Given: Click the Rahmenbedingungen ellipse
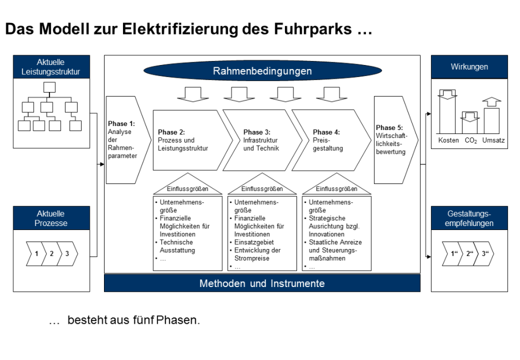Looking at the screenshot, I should [262, 71].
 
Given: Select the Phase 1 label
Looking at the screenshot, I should [121, 124].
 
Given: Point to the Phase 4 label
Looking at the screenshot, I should [326, 132].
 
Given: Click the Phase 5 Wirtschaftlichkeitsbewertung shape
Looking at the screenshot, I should [395, 140].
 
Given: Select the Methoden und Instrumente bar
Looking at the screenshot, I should [262, 284].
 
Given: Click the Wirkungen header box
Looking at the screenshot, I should [469, 67].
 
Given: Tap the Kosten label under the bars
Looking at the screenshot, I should [448, 141].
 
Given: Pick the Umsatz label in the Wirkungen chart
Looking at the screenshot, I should [494, 141].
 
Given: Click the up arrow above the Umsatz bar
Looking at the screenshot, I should [492, 102].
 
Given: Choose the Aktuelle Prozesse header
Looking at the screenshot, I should [51, 219].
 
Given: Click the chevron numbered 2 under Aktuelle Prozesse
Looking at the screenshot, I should [52, 254].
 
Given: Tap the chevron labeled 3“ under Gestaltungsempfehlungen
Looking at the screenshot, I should [486, 254].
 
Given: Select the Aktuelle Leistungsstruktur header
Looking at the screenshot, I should [51, 67].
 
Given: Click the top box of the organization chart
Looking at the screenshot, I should [49, 87].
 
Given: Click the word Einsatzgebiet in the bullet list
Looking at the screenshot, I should [254, 243].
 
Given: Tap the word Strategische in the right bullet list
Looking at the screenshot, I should [328, 219].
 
